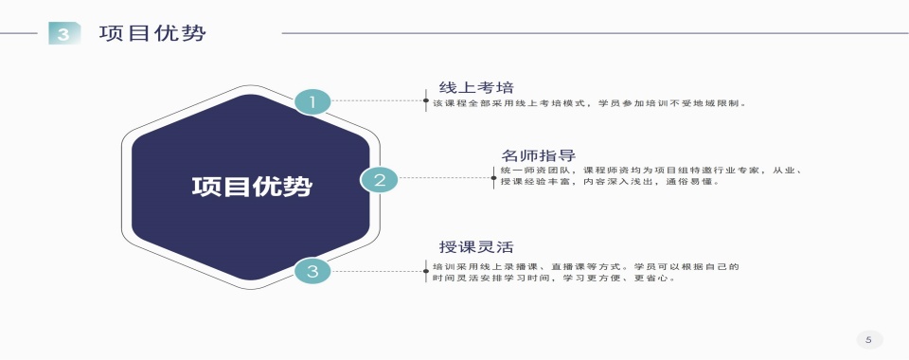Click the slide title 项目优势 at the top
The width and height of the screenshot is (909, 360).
(x=152, y=34)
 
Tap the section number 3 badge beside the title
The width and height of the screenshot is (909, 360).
(x=63, y=35)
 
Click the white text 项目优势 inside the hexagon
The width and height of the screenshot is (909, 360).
(x=251, y=187)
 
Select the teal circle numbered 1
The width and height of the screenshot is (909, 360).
(x=312, y=101)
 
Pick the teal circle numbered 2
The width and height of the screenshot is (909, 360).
(x=379, y=179)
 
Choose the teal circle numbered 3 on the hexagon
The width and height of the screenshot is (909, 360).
(x=312, y=272)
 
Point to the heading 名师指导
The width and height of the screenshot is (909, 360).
(x=539, y=155)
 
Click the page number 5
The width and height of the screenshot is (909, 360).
(x=868, y=339)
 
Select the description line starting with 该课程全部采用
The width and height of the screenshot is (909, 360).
(x=590, y=102)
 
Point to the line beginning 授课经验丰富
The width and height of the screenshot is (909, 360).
(x=610, y=182)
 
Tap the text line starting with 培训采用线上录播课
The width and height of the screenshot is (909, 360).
(x=585, y=267)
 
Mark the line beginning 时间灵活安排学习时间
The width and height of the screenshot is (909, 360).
(x=555, y=279)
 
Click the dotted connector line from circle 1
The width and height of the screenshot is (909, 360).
(x=379, y=99)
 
